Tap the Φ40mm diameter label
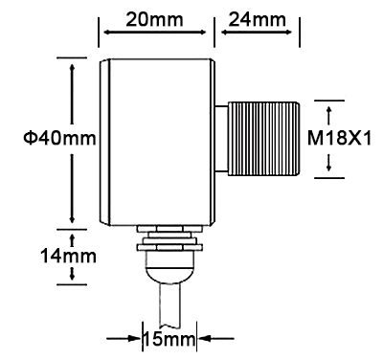tap(60, 139)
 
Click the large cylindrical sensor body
tap(158, 139)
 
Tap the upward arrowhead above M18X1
tap(330, 103)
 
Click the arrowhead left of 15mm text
tap(135, 338)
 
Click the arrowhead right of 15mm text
tap(203, 338)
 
